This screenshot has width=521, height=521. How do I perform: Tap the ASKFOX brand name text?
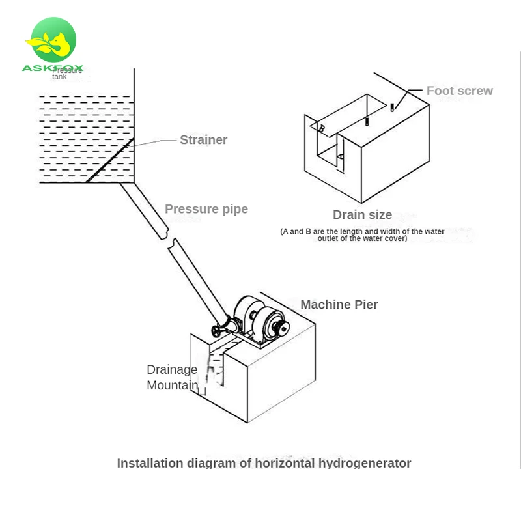(x=53, y=68)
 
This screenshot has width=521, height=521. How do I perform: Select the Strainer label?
(x=203, y=140)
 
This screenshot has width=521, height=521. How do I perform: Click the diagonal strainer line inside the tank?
(x=110, y=160)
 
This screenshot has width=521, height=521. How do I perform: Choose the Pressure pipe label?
(x=206, y=209)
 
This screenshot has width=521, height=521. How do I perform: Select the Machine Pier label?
(x=339, y=305)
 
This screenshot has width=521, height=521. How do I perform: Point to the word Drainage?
(x=172, y=370)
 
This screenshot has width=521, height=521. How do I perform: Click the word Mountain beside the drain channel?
(x=172, y=386)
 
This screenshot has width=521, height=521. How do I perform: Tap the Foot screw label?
(x=459, y=91)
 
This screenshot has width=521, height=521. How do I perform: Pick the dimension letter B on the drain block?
(x=321, y=129)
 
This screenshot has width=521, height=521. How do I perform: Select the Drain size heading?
(x=362, y=215)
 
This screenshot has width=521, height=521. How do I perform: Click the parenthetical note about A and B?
(x=362, y=235)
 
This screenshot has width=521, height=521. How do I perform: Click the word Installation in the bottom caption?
(x=150, y=464)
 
